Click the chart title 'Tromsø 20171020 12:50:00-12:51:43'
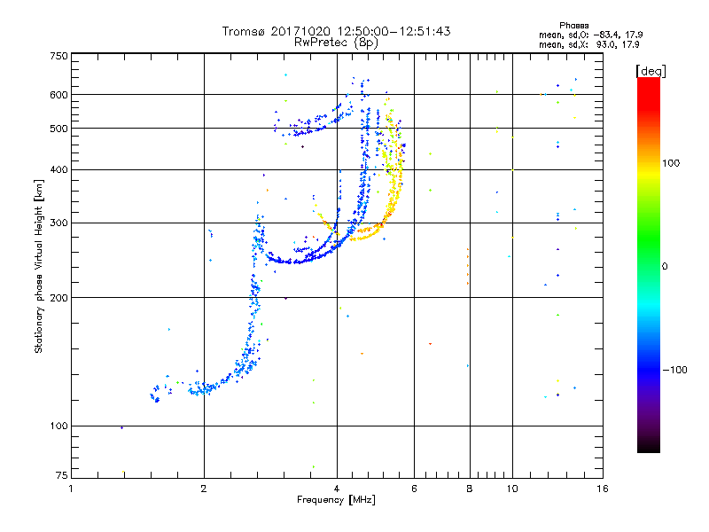click(x=336, y=31)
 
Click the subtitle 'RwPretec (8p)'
click(x=336, y=42)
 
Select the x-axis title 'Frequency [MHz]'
click(x=336, y=500)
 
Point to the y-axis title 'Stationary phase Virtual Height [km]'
click(x=39, y=266)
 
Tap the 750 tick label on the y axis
click(x=58, y=56)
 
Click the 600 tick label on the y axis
click(x=58, y=94)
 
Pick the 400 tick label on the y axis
click(x=58, y=169)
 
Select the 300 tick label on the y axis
click(x=58, y=223)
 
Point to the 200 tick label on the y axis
click(x=58, y=298)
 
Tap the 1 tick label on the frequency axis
click(x=72, y=489)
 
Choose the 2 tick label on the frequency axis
click(x=204, y=489)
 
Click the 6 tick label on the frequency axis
click(x=414, y=489)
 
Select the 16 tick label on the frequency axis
click(x=602, y=489)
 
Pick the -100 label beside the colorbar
click(x=676, y=370)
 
